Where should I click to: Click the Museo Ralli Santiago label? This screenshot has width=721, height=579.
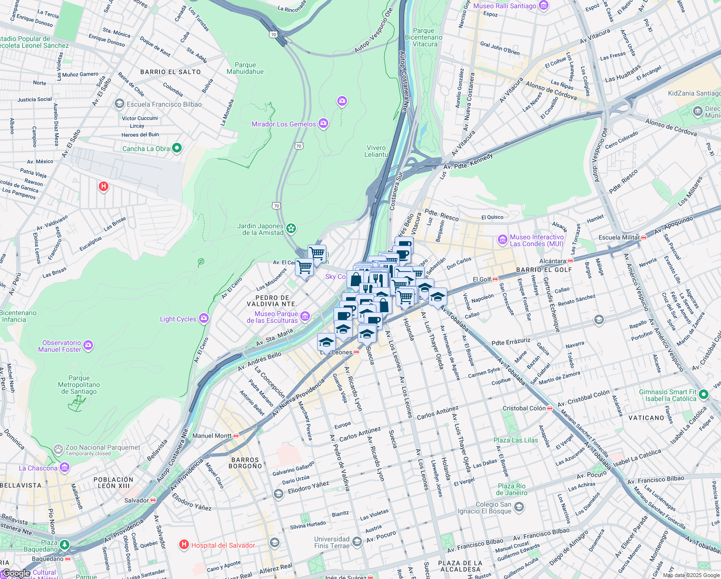505,6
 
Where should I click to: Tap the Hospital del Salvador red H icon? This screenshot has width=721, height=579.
184,545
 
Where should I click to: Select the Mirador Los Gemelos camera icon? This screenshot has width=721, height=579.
323,124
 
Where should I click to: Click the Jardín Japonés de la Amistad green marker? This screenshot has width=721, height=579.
291,228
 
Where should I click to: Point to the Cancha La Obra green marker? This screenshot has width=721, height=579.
177,148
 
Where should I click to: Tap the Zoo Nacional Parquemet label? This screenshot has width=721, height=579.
103,448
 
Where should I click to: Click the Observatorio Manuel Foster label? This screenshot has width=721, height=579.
60,346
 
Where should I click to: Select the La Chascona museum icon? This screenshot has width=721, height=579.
65,468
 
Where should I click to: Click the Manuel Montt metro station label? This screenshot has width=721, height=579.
212,436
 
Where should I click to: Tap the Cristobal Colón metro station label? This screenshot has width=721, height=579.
524,408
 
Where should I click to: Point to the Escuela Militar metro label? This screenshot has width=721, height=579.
619,237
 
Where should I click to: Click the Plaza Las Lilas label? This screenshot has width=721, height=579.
516,440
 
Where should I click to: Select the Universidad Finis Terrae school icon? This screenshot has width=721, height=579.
357,541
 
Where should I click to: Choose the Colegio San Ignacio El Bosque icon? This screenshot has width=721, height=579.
519,507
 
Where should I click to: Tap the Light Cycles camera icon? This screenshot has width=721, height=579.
204,318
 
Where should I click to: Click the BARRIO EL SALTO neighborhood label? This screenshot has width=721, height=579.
170,72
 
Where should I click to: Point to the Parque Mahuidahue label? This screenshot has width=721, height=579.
245,68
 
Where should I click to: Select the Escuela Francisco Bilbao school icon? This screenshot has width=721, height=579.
119,104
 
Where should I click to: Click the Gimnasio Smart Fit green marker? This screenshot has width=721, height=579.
703,395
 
